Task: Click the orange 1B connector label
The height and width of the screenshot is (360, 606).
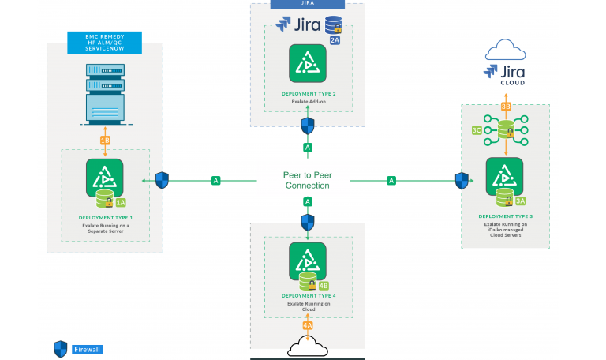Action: [105, 141]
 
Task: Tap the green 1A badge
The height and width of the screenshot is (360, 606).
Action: [121, 202]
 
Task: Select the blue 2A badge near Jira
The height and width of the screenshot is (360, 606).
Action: [335, 39]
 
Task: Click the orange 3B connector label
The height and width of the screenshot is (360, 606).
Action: [506, 107]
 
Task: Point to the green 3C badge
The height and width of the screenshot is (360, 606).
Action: [477, 129]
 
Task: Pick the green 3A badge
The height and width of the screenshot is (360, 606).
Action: [520, 201]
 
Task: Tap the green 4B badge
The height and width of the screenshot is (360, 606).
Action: [324, 285]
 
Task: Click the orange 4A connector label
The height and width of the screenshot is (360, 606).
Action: [308, 324]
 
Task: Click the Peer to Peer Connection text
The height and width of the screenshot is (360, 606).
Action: [306, 180]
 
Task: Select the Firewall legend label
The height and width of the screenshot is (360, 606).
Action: [87, 349]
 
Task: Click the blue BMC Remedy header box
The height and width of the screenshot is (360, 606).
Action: [104, 43]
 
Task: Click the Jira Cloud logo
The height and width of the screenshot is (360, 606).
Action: [505, 73]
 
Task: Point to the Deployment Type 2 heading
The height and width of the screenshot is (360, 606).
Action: [308, 93]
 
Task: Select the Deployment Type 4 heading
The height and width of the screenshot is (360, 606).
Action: [308, 296]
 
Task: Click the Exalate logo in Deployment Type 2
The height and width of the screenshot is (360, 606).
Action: [308, 64]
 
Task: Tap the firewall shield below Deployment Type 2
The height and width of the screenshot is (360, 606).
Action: [308, 126]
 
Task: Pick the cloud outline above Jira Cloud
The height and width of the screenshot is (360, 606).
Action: [506, 50]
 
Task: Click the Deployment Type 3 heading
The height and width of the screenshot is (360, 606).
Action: [505, 216]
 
